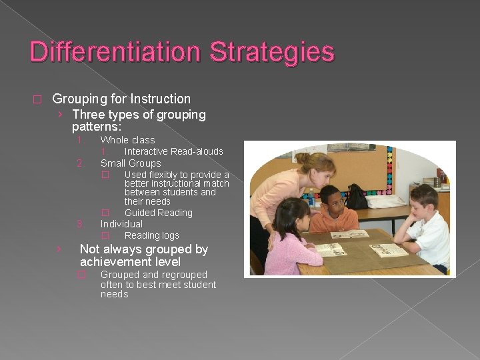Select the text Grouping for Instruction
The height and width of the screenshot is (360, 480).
(x=121, y=99)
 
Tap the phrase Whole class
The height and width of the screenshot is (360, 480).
(x=127, y=140)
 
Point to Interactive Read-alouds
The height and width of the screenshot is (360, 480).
(x=173, y=151)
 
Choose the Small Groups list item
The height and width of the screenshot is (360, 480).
(x=131, y=163)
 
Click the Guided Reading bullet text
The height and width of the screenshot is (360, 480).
(x=159, y=213)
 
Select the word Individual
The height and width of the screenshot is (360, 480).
(x=121, y=224)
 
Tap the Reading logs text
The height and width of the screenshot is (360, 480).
(x=152, y=235)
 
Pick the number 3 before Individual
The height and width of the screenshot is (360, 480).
(x=79, y=224)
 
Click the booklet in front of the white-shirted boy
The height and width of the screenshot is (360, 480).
(x=389, y=250)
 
